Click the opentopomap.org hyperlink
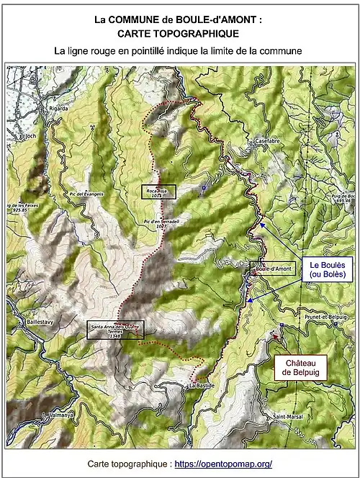pyautogui.click(x=223, y=464)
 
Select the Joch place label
pyautogui.click(x=30, y=135)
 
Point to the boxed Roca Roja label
pyautogui.click(x=158, y=191)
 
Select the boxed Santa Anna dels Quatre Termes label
pyautogui.click(x=115, y=330)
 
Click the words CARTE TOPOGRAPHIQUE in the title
pyautogui.click(x=179, y=34)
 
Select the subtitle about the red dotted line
pyautogui.click(x=179, y=51)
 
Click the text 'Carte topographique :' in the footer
pyautogui.click(x=128, y=464)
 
